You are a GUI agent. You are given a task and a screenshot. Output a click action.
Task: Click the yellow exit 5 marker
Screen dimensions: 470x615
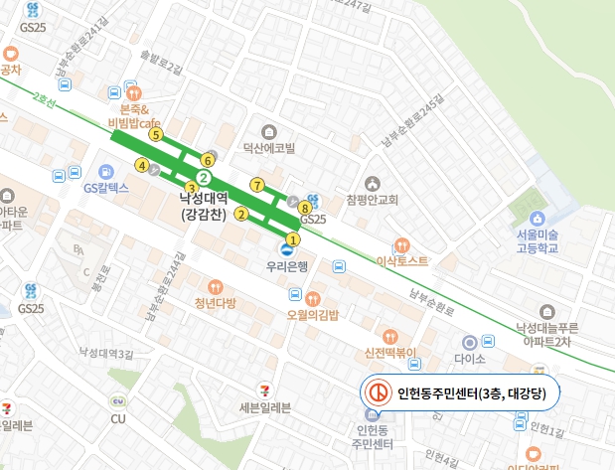pyautogui.click(x=155, y=134)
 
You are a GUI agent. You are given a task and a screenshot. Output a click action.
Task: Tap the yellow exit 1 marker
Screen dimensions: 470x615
pyautogui.click(x=292, y=239)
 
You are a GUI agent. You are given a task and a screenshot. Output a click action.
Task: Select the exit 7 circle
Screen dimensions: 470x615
pyautogui.click(x=257, y=185)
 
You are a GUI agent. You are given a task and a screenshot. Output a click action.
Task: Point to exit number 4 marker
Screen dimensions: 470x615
pyautogui.click(x=143, y=166)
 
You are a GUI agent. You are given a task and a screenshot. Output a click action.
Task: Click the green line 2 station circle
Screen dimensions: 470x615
pyautogui.click(x=203, y=178)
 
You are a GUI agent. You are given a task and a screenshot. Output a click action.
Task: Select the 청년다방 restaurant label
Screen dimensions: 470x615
pyautogui.click(x=216, y=303)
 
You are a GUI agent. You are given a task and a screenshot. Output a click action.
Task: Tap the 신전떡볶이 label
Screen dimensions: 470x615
pyautogui.click(x=388, y=353)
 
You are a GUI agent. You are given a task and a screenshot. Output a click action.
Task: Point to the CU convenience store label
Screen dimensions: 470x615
pyautogui.click(x=118, y=418)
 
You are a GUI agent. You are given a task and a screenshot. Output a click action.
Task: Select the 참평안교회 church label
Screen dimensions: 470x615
pyautogui.click(x=372, y=200)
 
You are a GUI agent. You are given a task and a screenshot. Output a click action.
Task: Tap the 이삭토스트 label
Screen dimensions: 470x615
pyautogui.click(x=402, y=260)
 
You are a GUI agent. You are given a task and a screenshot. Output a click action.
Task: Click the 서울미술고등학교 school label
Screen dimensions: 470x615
pyautogui.click(x=537, y=239)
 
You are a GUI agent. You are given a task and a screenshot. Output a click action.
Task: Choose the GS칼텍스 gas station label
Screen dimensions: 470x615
pyautogui.click(x=106, y=187)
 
